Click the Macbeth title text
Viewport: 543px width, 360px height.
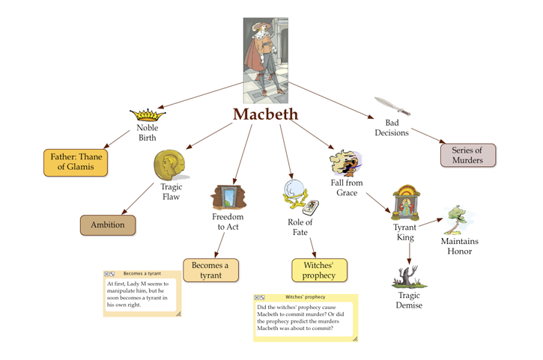(x=265, y=115)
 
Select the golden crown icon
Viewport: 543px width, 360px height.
(x=148, y=115)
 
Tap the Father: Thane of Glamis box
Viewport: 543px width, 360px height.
(x=76, y=162)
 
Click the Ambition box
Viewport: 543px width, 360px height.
(x=108, y=225)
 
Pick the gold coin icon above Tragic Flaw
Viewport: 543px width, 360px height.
(x=170, y=165)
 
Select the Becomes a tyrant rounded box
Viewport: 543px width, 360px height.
(x=210, y=270)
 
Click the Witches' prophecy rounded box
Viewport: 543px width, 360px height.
(x=319, y=270)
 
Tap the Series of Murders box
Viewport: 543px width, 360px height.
(x=468, y=155)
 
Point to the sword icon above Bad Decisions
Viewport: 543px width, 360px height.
(x=392, y=106)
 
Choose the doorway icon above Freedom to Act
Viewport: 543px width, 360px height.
(x=228, y=198)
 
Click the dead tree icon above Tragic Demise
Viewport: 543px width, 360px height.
(x=409, y=277)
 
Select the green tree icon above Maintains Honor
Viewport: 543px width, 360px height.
(x=459, y=220)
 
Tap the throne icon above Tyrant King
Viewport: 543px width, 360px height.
(x=405, y=203)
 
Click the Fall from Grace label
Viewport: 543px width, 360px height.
(x=347, y=188)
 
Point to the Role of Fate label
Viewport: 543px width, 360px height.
(x=300, y=227)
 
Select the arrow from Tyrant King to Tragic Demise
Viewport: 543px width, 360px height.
(x=410, y=254)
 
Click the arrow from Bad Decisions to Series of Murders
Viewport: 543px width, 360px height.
(x=428, y=135)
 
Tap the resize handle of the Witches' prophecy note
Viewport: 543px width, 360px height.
(x=355, y=339)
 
